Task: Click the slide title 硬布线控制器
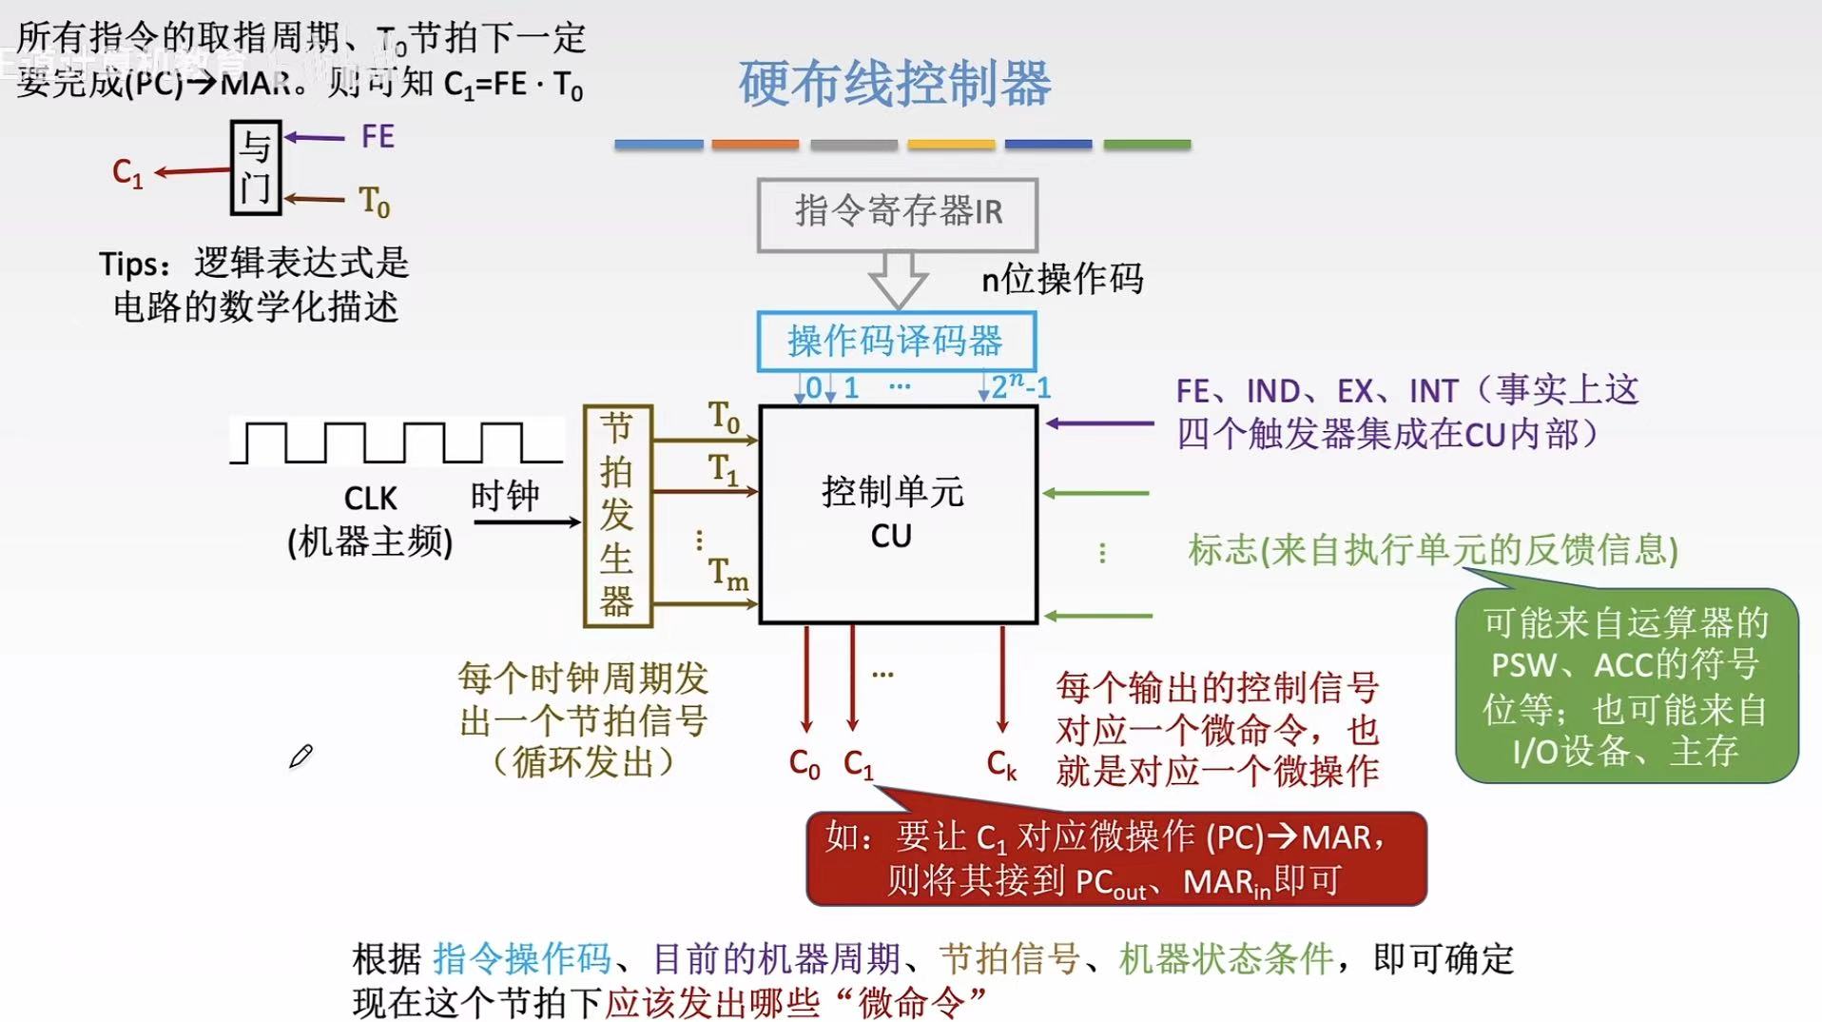(894, 84)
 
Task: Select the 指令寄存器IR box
(897, 213)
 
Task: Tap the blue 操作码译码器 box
(896, 341)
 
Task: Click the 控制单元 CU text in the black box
(892, 514)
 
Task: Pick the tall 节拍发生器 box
(617, 515)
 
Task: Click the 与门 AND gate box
(255, 167)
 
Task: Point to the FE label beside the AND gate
(378, 137)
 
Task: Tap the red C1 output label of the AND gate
(127, 173)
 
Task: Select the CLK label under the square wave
(370, 499)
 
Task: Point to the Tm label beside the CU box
(727, 573)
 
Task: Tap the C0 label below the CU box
(804, 763)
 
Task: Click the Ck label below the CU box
(1001, 763)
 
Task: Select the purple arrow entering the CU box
(1099, 423)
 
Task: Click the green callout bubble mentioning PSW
(1625, 686)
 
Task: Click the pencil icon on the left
(300, 757)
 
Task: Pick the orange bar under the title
(755, 145)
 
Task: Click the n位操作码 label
(1061, 280)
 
